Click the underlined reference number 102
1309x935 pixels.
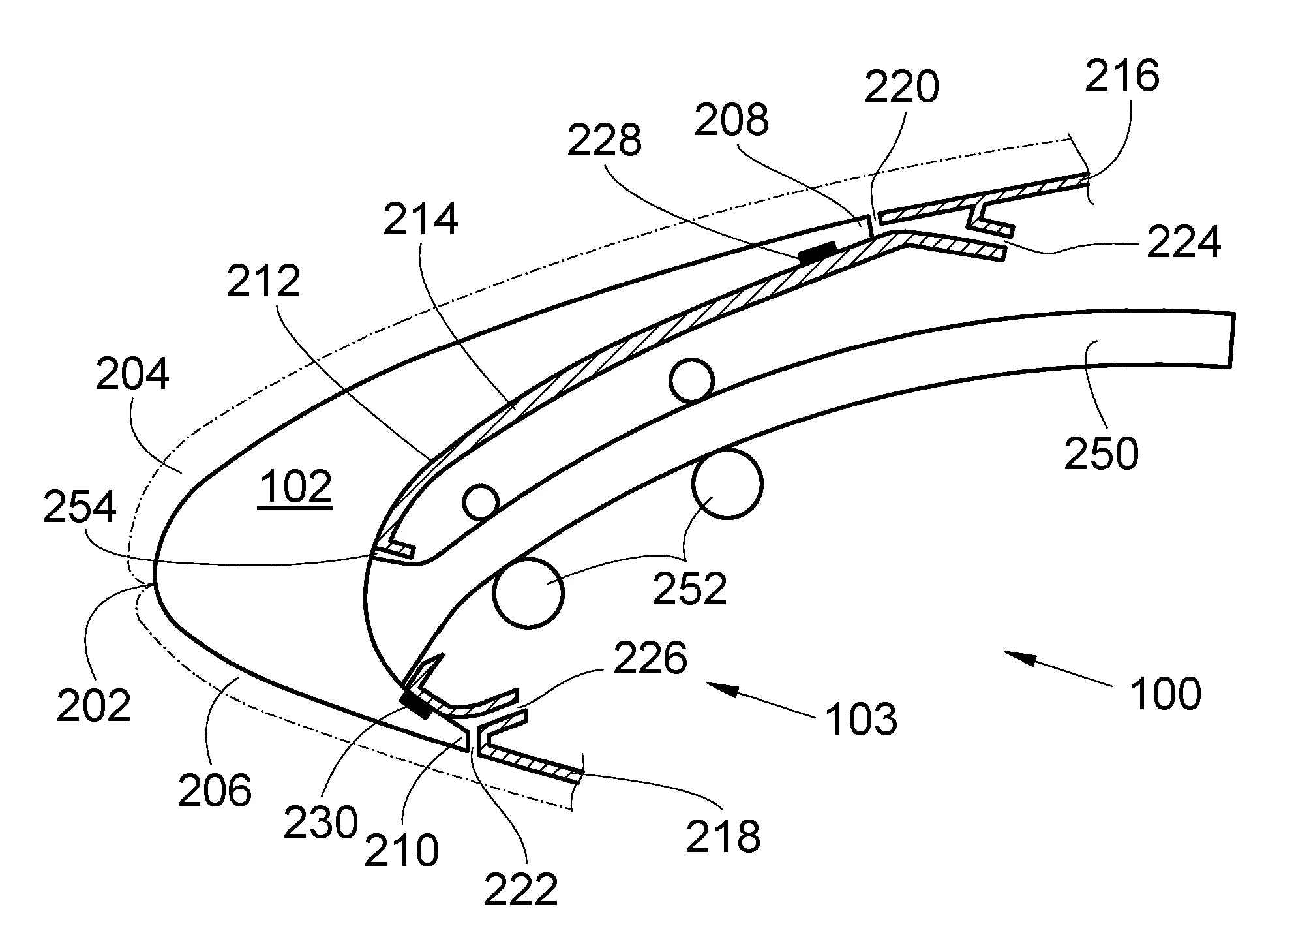pos(295,486)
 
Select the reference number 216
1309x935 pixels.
pos(1122,76)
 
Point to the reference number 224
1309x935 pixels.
pos(1183,243)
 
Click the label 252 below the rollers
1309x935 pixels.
pos(690,589)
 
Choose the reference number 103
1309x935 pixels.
pos(861,719)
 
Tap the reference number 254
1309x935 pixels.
pos(80,508)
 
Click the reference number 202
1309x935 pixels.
pos(94,705)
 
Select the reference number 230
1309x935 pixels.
pos(321,821)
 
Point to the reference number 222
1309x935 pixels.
pos(520,889)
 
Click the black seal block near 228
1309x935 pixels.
pos(818,253)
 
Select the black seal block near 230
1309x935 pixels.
pos(416,704)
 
